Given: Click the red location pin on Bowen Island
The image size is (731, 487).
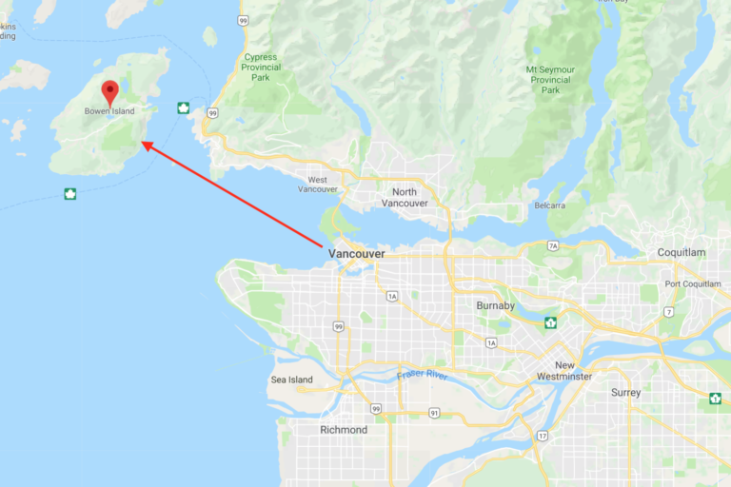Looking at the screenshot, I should (109, 92).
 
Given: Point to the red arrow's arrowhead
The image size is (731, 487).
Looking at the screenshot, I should (145, 145).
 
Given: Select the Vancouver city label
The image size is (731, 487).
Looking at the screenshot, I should (356, 254).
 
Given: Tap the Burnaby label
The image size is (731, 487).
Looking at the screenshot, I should (495, 305).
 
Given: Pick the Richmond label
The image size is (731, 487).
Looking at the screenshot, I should (344, 430).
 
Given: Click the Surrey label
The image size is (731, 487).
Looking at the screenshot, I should (625, 392).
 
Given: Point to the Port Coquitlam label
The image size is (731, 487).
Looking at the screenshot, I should (692, 283).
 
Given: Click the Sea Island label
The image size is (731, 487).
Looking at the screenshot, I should (291, 380).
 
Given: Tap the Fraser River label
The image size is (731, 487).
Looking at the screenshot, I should (423, 376).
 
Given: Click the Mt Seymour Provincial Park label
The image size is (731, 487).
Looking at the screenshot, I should (551, 80).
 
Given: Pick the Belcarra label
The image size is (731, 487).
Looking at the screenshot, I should (550, 205).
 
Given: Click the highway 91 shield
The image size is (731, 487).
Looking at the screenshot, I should (434, 413).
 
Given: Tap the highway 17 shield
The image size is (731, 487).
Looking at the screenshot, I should (543, 436).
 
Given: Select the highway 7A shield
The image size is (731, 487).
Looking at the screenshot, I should (553, 246).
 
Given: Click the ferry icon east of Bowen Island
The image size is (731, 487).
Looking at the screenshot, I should (182, 107).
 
